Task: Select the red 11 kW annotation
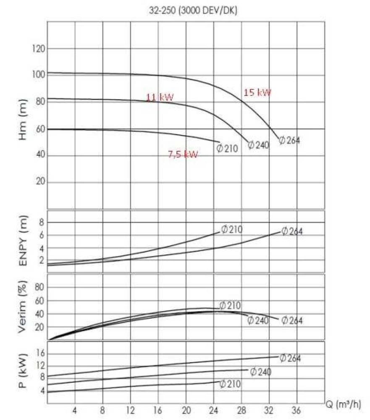pyautogui.click(x=160, y=97)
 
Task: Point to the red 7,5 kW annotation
pyautogui.click(x=183, y=155)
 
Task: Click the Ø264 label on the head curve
pyautogui.click(x=289, y=140)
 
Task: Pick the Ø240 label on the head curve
pyautogui.click(x=258, y=145)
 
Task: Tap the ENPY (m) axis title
pyautogui.click(x=24, y=240)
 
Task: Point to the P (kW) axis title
pyautogui.click(x=24, y=373)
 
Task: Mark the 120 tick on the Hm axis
pyautogui.click(x=39, y=49)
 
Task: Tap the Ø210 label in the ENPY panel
pyautogui.click(x=231, y=229)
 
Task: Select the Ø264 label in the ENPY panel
pyautogui.click(x=292, y=231)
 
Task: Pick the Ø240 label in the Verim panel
pyautogui.click(x=258, y=320)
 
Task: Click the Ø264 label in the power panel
pyautogui.click(x=290, y=358)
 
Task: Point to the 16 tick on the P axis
pyautogui.click(x=40, y=353)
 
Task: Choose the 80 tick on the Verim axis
pyautogui.click(x=39, y=287)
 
